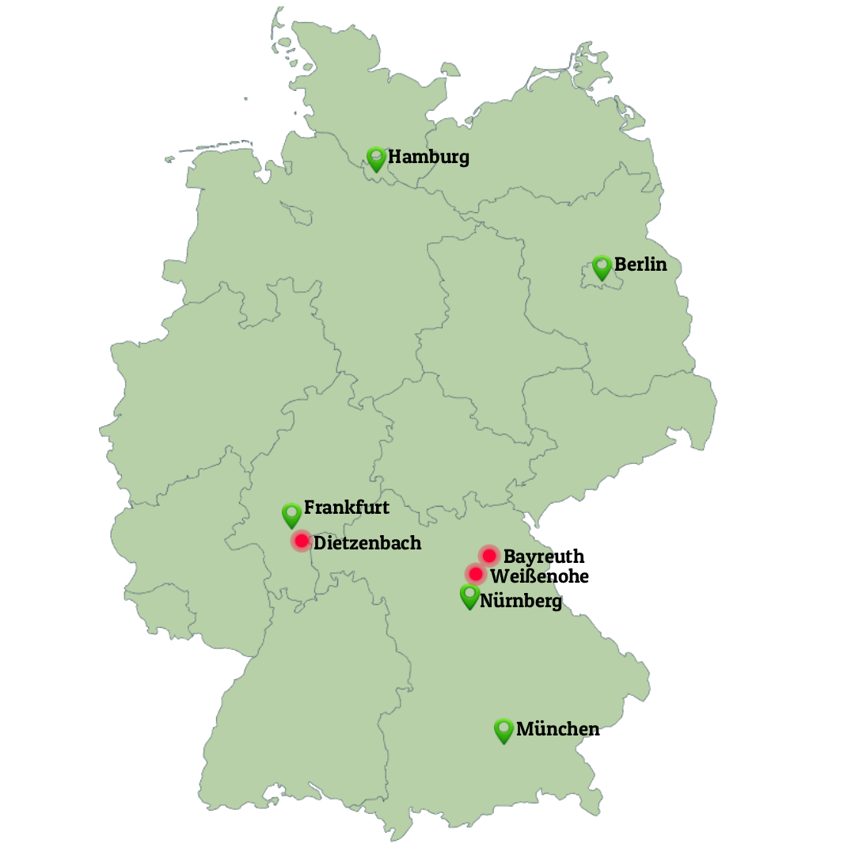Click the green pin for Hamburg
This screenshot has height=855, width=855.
click(x=376, y=158)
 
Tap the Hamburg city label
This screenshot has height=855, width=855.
click(x=428, y=157)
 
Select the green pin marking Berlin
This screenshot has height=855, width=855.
click(x=602, y=266)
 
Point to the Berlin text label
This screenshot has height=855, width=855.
click(x=640, y=264)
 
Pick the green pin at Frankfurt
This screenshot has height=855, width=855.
click(x=292, y=515)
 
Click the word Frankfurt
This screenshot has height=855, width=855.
click(x=347, y=507)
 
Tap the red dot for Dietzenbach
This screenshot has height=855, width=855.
click(x=301, y=541)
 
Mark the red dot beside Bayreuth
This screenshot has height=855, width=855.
click(x=489, y=555)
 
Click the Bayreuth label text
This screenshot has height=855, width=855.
click(x=544, y=557)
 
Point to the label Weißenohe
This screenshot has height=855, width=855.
click(x=539, y=576)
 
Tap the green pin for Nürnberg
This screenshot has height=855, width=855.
click(x=469, y=595)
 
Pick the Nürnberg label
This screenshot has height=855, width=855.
click(x=521, y=602)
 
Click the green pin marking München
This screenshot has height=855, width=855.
click(x=503, y=730)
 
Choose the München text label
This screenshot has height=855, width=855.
click(x=557, y=729)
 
